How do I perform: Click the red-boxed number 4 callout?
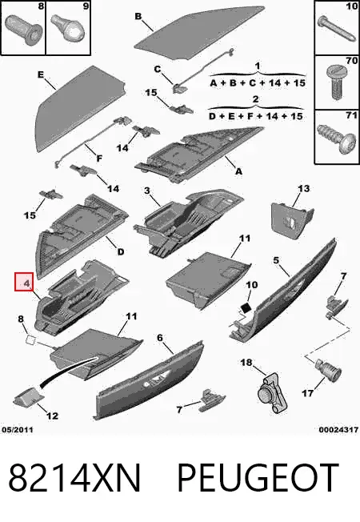pos(24,282)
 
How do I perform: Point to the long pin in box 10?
pos(335,28)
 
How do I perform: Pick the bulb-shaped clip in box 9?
pos(67,27)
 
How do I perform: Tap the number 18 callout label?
pos(246,362)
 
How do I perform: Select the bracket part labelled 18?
pos(272,393)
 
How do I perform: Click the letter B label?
pos(138,16)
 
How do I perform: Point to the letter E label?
pos(41,74)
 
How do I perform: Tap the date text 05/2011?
pos(18,429)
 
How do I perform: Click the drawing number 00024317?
pos(338,430)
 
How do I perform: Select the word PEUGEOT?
pos(258,478)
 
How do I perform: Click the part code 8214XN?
pos(74,478)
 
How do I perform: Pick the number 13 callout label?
pos(303,189)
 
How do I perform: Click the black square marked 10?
pos(246,307)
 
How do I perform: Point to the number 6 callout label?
pos(160,338)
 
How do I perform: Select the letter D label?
pos(121,251)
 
